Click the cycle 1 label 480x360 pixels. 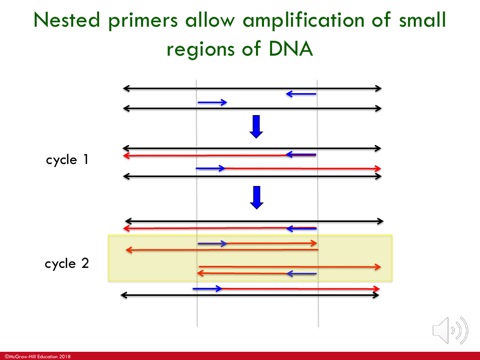pos(69,158)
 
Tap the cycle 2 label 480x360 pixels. pos(69,264)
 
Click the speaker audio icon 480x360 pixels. pos(449,328)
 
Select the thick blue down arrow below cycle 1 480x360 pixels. pos(255,197)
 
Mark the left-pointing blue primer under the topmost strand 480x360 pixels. pos(301,95)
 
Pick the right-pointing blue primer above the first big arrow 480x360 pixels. pos(212,102)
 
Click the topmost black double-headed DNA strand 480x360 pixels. pos(252,88)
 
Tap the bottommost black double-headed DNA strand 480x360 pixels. pos(250,296)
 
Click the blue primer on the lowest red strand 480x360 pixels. pos(207,288)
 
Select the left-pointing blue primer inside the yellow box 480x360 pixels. pos(302,272)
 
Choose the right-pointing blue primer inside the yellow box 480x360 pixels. pos(213,243)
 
